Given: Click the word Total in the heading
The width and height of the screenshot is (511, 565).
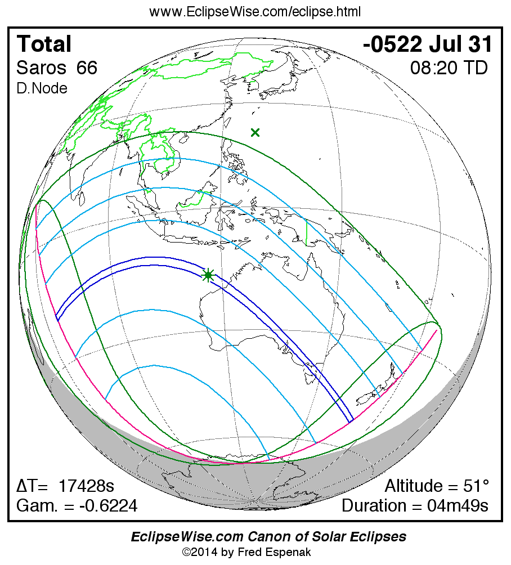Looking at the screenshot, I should pos(44,44).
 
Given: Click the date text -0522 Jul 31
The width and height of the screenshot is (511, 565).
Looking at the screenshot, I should pos(428,44).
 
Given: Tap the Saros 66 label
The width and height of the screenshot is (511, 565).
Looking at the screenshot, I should pos(57,68).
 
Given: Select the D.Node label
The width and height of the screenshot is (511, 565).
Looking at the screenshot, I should pos(42,88).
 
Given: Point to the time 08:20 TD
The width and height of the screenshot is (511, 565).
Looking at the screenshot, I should pos(449,68).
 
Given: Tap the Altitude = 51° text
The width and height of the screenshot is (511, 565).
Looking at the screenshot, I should pos(437,486).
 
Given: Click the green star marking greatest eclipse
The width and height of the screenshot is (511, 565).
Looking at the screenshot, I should pos(209,275).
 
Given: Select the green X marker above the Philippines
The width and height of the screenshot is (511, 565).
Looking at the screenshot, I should pos(255,133).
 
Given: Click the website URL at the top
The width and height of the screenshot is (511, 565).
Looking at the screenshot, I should pos(255,11).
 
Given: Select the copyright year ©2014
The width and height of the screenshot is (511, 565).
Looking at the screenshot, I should pos(200,552).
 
